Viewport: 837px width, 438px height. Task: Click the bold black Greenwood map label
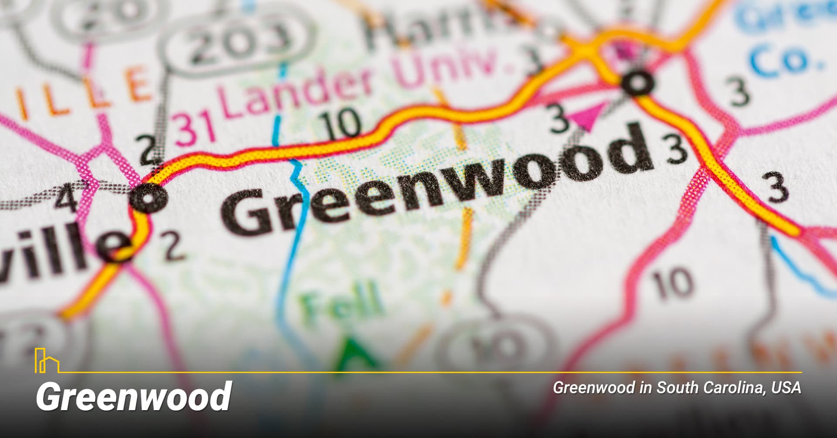436,183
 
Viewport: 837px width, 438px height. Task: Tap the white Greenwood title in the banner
133,396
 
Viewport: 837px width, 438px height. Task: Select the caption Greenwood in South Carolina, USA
677,387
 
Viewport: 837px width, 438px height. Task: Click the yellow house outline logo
46,360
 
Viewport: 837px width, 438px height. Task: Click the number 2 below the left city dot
172,246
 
